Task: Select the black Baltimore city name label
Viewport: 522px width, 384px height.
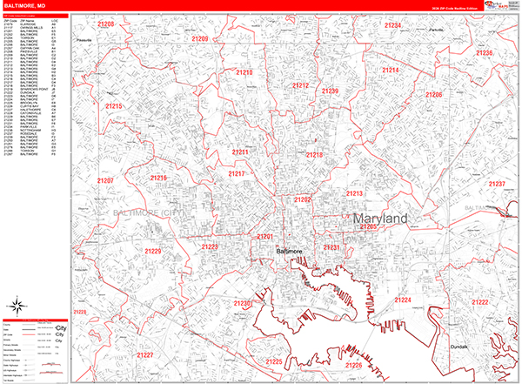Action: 288,252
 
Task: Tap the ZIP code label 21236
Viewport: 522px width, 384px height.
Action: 484,53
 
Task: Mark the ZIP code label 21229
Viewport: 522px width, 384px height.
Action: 153,252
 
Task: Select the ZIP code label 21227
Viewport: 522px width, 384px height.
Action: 144,355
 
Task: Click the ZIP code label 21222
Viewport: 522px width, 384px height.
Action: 479,302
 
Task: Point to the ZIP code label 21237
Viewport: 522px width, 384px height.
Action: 496,184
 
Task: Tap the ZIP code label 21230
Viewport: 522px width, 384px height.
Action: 243,303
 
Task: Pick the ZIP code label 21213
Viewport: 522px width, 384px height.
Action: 354,193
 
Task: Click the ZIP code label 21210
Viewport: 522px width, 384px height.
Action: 244,73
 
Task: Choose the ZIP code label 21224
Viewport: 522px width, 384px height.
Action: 403,300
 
